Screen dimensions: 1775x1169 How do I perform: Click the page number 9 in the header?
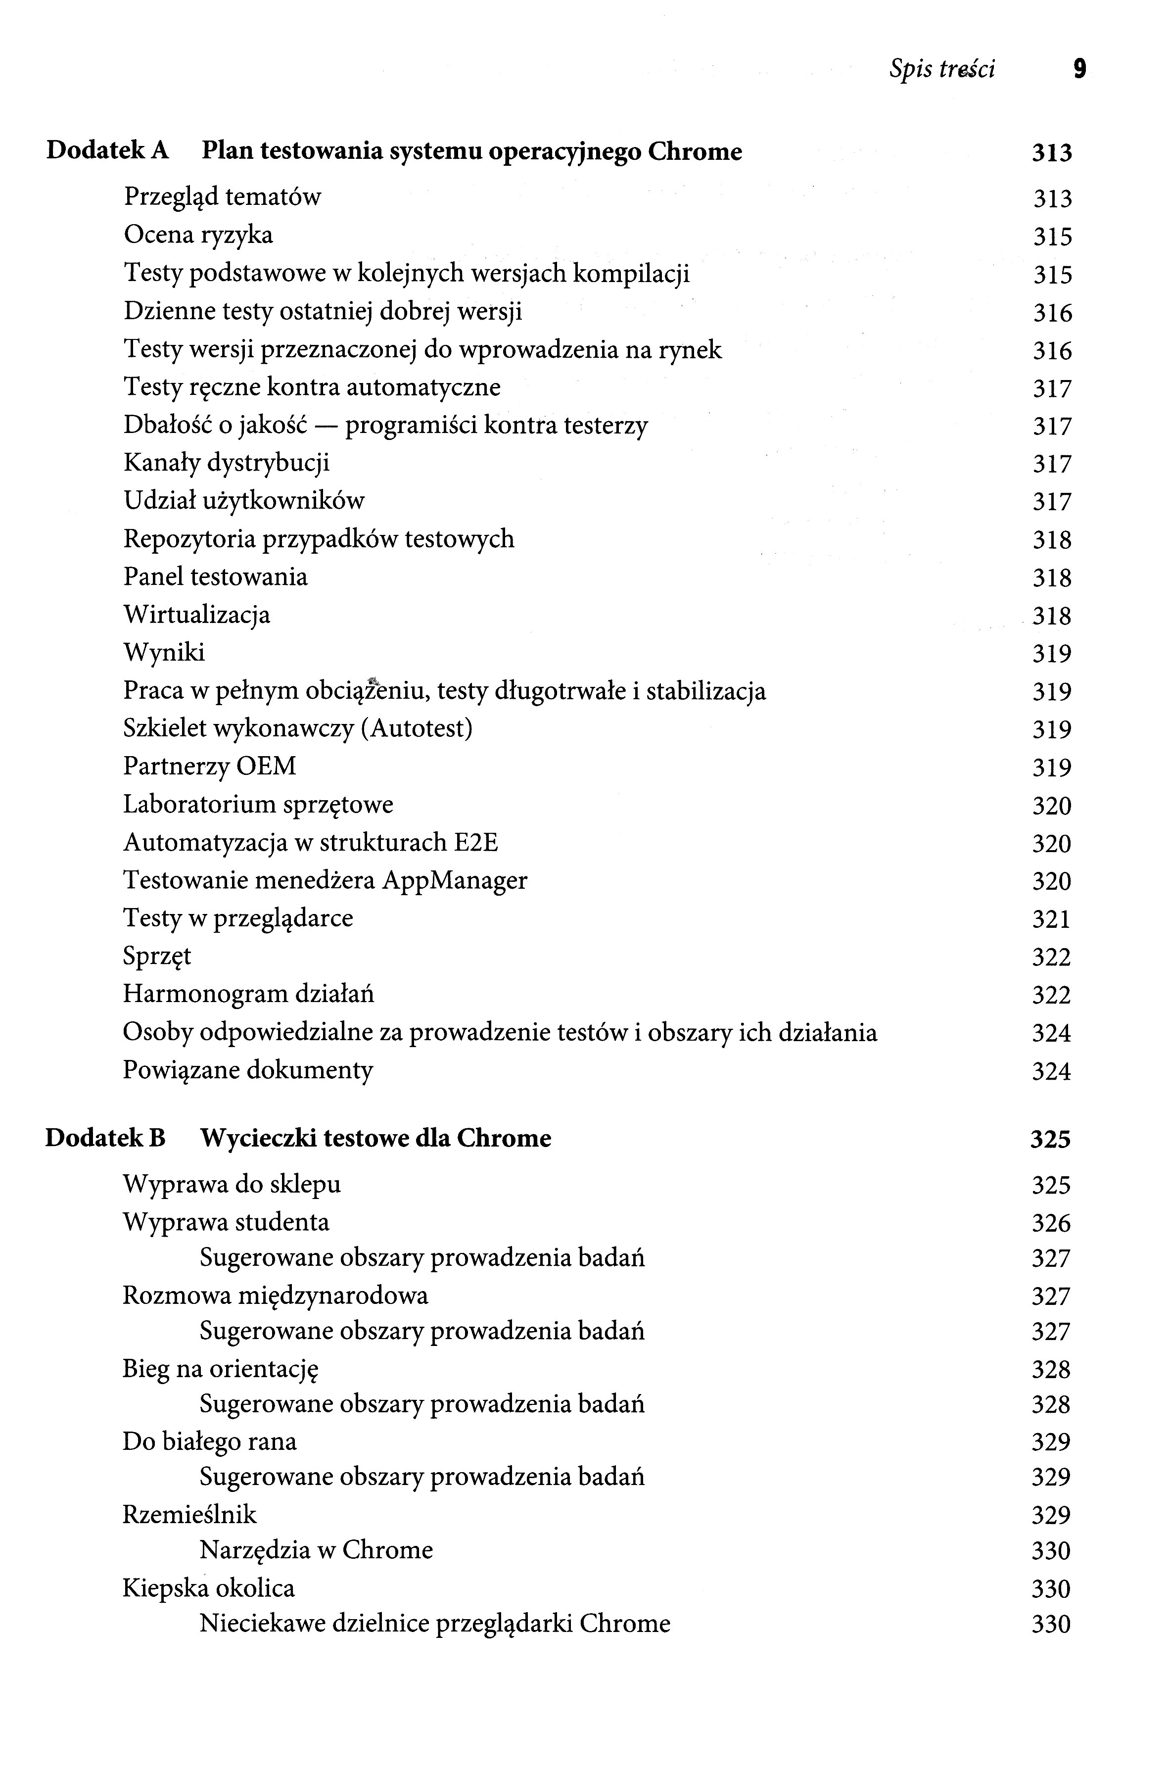click(x=1079, y=69)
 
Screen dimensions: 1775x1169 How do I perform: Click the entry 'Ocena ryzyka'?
click(x=198, y=236)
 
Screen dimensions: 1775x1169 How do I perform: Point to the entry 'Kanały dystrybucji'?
click(x=226, y=463)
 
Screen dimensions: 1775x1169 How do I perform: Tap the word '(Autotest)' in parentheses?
click(x=416, y=728)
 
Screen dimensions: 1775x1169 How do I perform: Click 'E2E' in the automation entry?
click(x=475, y=843)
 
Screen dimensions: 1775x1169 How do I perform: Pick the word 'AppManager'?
click(x=455, y=881)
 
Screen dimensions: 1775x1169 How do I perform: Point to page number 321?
click(x=1051, y=919)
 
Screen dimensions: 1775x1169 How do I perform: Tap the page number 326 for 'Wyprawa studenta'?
click(x=1051, y=1223)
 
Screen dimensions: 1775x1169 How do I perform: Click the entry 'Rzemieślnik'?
click(x=189, y=1515)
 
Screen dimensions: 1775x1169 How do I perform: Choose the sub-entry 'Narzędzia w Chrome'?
click(x=316, y=1550)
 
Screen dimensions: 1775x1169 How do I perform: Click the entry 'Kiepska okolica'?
click(x=209, y=1588)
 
